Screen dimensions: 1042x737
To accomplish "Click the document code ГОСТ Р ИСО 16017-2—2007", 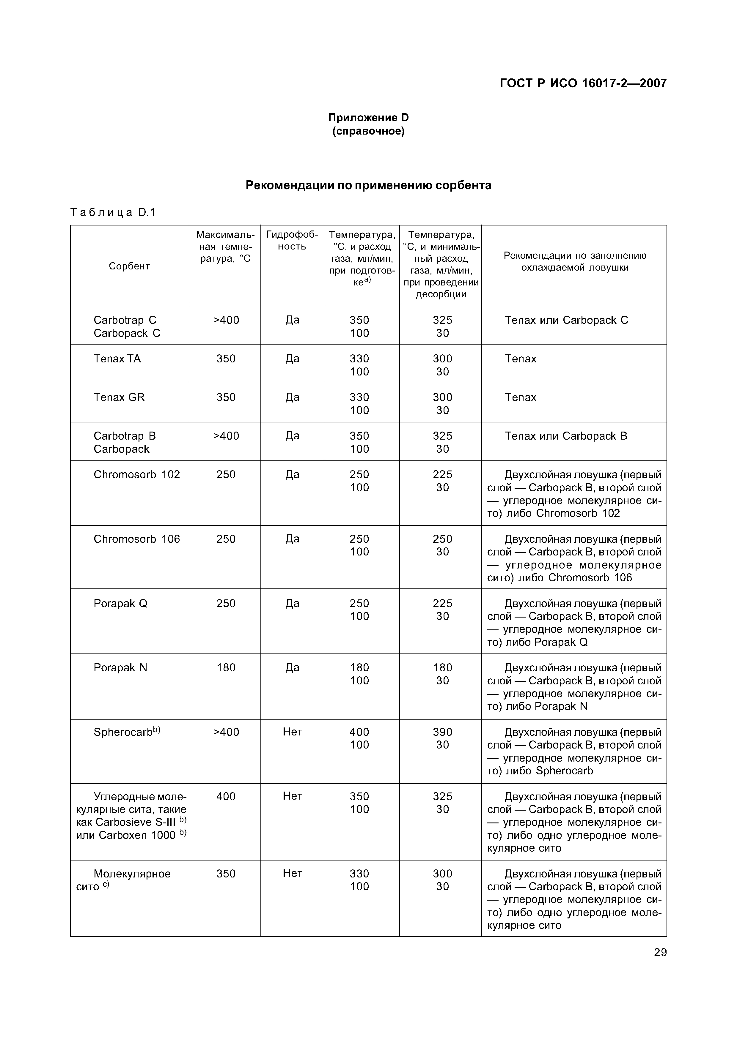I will click(583, 83).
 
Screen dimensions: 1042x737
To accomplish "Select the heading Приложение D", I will click(368, 118).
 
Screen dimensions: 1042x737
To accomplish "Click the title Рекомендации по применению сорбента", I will click(368, 185).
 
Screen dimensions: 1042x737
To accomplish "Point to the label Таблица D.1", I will click(113, 212).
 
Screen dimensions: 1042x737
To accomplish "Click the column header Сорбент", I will click(129, 266).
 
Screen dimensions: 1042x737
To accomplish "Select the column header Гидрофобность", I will click(292, 241).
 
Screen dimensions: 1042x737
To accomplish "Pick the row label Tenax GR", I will click(119, 397).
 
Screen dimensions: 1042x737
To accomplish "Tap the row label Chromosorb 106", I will click(137, 539).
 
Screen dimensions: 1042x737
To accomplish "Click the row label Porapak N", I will click(120, 668).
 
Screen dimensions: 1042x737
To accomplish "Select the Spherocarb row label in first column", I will click(127, 732).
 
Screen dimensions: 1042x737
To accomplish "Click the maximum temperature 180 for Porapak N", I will click(226, 668).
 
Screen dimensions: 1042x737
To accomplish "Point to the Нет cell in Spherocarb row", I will click(292, 732).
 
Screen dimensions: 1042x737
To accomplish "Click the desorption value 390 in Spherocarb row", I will click(442, 732).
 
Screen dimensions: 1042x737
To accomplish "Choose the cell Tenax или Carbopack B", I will click(566, 436).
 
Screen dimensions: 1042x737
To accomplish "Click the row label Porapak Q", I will click(120, 603).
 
